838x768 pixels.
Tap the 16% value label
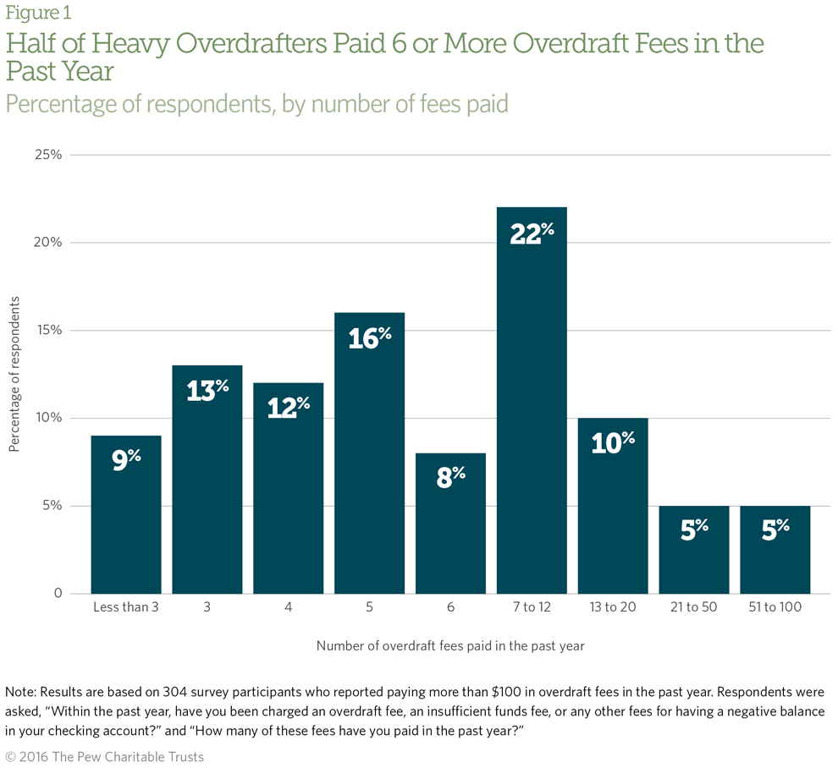pos(369,337)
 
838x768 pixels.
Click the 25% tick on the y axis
pos(48,155)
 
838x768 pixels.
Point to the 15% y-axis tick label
pos(48,331)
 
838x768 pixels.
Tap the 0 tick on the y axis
pos(57,594)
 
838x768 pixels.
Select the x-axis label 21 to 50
pos(694,608)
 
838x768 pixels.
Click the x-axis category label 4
pos(288,608)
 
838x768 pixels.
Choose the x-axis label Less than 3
pos(125,608)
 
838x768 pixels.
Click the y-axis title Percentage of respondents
pos(14,374)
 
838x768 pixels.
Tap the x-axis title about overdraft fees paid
pos(450,645)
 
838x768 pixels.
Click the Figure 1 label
pos(39,14)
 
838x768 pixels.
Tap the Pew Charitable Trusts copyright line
pos(105,756)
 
